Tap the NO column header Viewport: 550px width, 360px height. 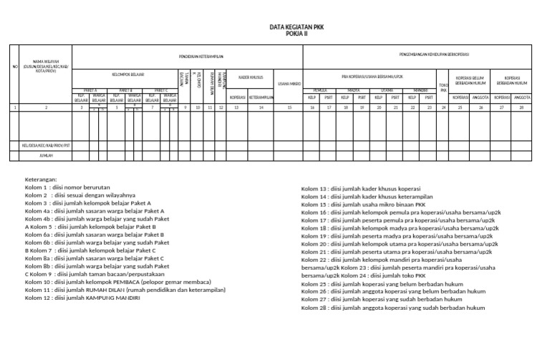pyautogui.click(x=15, y=67)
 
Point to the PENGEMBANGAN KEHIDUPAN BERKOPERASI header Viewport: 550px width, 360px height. pyautogui.click(x=419, y=54)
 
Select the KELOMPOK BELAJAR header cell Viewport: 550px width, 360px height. pyautogui.click(x=128, y=74)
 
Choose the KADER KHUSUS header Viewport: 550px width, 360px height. pyautogui.click(x=251, y=74)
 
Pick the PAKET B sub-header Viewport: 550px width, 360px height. pyautogui.click(x=127, y=90)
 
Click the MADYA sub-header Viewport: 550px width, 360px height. pyautogui.click(x=353, y=90)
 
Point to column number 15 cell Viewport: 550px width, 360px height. pyautogui.click(x=289, y=107)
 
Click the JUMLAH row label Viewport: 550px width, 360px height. pyautogui.click(x=46, y=155)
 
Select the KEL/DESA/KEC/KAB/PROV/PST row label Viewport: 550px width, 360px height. pyautogui.click(x=46, y=145)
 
